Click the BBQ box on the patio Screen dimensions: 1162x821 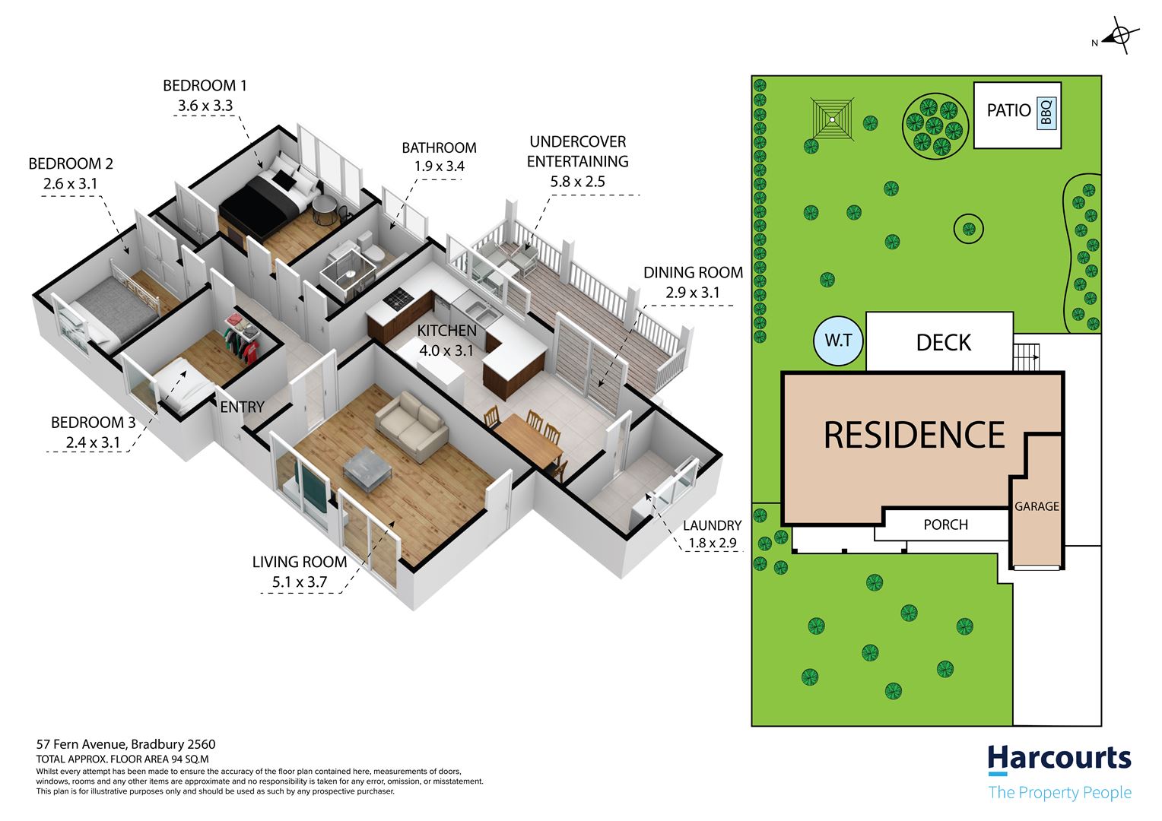(x=1046, y=113)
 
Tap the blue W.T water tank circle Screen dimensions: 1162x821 (x=838, y=341)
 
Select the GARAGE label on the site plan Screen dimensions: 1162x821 (x=1037, y=506)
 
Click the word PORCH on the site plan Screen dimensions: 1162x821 (x=946, y=525)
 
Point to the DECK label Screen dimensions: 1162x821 (x=944, y=343)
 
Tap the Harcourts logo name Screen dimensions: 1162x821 (x=1059, y=758)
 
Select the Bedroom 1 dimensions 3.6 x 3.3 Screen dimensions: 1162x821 (x=205, y=105)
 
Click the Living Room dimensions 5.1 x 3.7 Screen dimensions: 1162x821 (x=300, y=582)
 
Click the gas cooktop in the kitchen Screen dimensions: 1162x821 (x=398, y=298)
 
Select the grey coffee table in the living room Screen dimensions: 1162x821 (x=367, y=469)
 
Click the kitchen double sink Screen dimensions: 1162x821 (x=481, y=311)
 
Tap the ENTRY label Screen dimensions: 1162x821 (x=243, y=407)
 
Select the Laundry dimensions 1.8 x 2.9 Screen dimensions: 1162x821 (x=713, y=543)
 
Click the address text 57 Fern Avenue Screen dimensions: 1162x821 (x=81, y=745)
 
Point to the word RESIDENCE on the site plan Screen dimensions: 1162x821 (x=915, y=435)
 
